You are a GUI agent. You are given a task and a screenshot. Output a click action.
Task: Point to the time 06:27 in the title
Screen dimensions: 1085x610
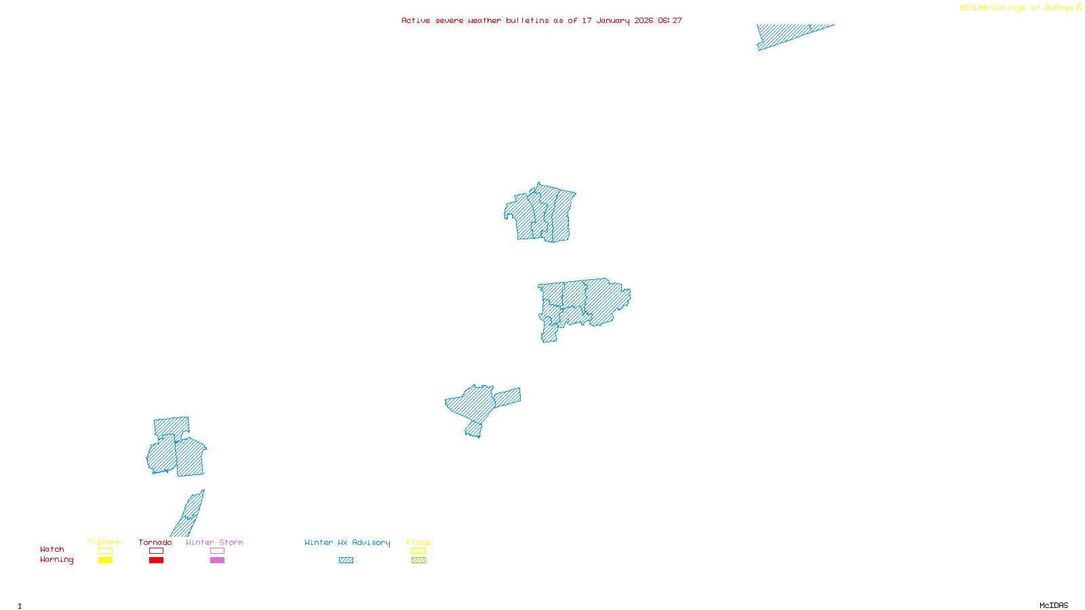tap(670, 20)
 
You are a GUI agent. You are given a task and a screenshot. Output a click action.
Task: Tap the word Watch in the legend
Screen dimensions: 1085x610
tap(52, 549)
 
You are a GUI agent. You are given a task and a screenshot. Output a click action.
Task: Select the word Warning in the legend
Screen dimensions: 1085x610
tap(56, 560)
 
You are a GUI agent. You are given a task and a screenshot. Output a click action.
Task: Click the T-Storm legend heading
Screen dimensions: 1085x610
tap(104, 542)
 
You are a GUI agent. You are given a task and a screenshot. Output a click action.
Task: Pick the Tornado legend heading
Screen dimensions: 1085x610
tap(155, 542)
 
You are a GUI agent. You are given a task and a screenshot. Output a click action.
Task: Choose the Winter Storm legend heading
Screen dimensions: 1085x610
tap(214, 542)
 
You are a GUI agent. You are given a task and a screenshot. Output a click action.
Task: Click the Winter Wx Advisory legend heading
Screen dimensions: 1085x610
tap(347, 542)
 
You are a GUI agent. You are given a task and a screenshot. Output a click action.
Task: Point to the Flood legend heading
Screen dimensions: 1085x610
tap(418, 542)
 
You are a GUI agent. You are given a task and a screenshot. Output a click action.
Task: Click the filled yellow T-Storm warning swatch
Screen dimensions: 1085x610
tap(105, 561)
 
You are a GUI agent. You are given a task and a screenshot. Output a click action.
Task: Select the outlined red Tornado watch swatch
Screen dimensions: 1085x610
tap(156, 551)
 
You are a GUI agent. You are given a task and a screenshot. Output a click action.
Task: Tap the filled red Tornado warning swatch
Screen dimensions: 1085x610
tap(156, 561)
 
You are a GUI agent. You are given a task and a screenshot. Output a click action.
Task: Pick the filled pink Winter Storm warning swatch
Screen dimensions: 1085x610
tap(217, 561)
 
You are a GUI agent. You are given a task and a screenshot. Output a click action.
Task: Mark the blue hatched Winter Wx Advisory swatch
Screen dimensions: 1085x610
tap(346, 561)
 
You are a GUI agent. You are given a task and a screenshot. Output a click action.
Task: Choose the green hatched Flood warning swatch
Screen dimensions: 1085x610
tap(418, 561)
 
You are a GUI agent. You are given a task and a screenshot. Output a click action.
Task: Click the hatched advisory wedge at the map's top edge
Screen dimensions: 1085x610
tap(787, 34)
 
